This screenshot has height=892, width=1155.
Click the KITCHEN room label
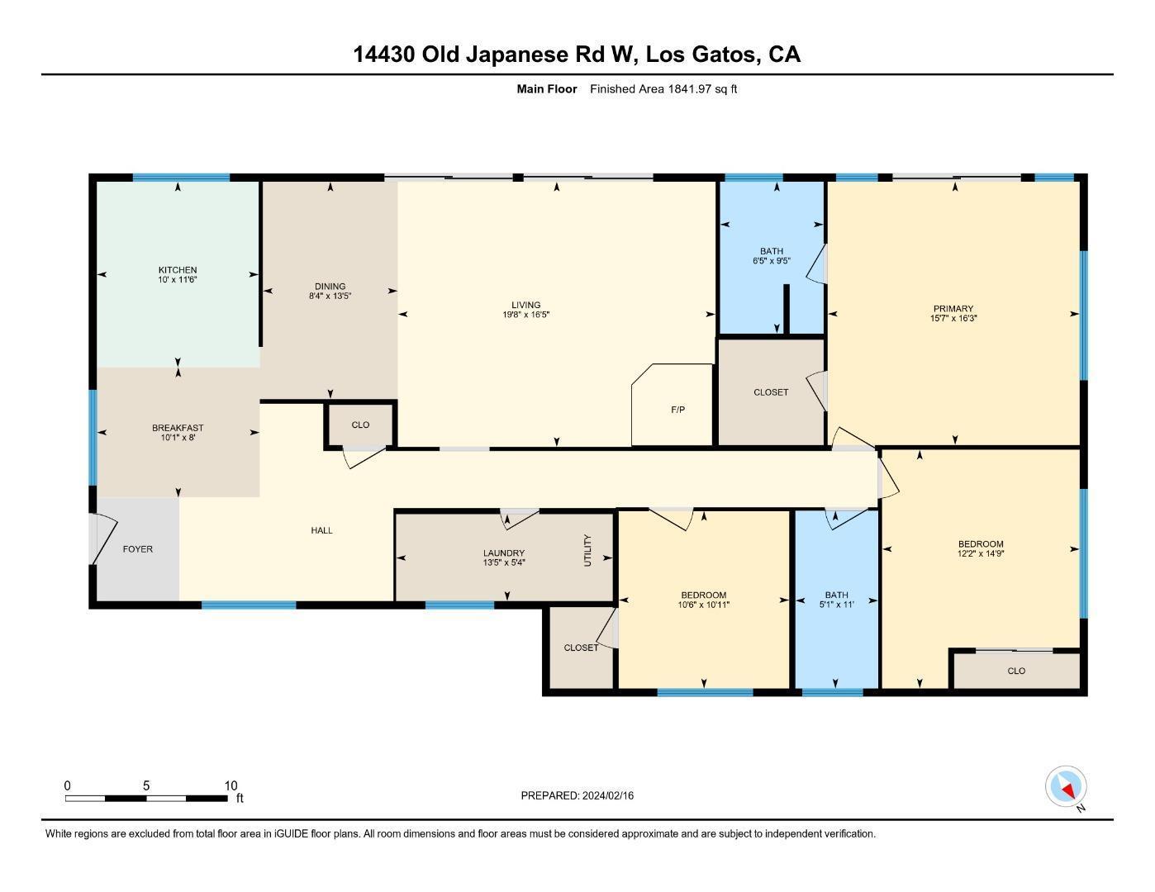click(x=178, y=270)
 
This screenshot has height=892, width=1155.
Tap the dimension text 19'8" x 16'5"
click(x=525, y=315)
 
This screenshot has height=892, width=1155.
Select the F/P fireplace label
click(x=677, y=410)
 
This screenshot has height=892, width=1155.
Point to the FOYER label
click(x=138, y=549)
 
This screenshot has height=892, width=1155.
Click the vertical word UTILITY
click(x=587, y=550)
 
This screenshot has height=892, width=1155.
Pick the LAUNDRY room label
click(x=504, y=553)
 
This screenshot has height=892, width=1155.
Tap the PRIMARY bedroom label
click(x=953, y=309)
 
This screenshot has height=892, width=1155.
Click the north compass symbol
click(x=1065, y=786)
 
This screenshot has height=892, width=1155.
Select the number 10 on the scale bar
click(x=231, y=785)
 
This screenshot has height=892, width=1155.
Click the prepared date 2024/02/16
click(x=607, y=796)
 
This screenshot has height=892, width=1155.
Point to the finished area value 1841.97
click(x=689, y=89)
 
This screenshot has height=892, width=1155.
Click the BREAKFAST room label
click(x=178, y=428)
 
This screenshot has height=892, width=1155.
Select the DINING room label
click(x=330, y=287)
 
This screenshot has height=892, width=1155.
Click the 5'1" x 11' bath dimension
click(x=837, y=604)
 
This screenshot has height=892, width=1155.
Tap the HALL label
click(x=321, y=530)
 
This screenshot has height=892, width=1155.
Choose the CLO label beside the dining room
click(x=360, y=425)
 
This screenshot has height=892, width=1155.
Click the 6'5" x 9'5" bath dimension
click(x=772, y=261)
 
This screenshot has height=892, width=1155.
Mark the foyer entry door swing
click(x=104, y=539)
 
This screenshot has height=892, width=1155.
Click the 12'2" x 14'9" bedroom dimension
click(x=981, y=553)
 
